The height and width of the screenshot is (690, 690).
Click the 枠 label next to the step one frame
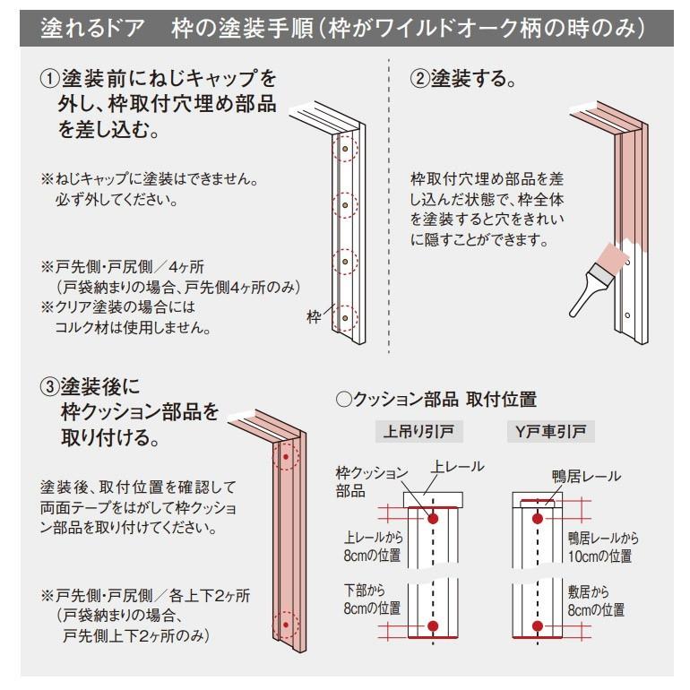tap(315, 317)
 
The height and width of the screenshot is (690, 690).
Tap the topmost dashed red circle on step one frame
tap(344, 149)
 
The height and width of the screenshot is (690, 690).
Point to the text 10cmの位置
tap(594, 556)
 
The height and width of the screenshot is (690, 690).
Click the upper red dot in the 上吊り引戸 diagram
tap(433, 518)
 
